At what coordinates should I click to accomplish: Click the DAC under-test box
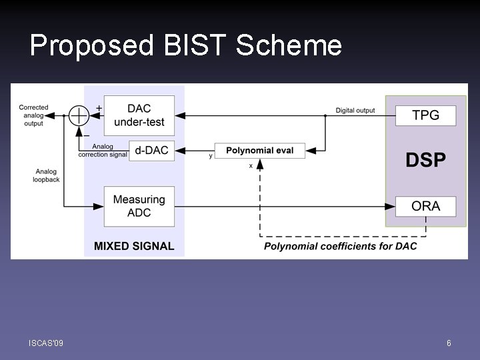coord(140,115)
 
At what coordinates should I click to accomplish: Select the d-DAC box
coord(151,151)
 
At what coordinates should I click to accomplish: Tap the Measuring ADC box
coord(139,206)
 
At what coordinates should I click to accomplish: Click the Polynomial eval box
coord(255,151)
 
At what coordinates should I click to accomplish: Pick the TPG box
coord(425,115)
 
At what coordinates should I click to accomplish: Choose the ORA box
coord(425,206)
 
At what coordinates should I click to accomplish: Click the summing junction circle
coord(79,115)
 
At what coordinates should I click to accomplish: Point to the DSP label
coord(426,160)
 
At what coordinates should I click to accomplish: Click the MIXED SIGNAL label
coord(134,246)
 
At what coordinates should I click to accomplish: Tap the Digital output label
coord(355,110)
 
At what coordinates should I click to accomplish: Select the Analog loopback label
coord(47,175)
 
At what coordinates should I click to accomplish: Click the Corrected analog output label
coord(33,115)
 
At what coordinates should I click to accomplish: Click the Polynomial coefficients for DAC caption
coord(340,246)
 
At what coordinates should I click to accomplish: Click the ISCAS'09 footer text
coord(46,343)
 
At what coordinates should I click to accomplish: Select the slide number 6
coord(449,343)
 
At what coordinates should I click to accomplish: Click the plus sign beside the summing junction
coord(99,107)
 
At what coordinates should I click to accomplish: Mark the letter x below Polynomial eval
coord(251,165)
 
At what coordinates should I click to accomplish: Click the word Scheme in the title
coord(289,45)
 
